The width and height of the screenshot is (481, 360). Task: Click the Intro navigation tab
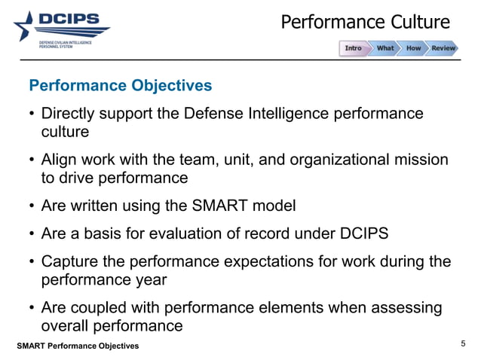click(x=353, y=48)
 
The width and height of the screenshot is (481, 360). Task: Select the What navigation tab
click(x=384, y=48)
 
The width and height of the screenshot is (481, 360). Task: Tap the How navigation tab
click(x=413, y=48)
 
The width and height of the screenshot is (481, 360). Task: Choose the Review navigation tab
click(x=443, y=48)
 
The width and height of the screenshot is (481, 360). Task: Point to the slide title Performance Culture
click(x=365, y=22)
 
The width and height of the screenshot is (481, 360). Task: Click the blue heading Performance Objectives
click(x=120, y=85)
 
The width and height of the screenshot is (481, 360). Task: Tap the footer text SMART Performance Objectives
click(x=79, y=346)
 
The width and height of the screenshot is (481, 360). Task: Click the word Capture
click(x=71, y=261)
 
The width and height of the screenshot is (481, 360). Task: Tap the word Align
click(x=58, y=160)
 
